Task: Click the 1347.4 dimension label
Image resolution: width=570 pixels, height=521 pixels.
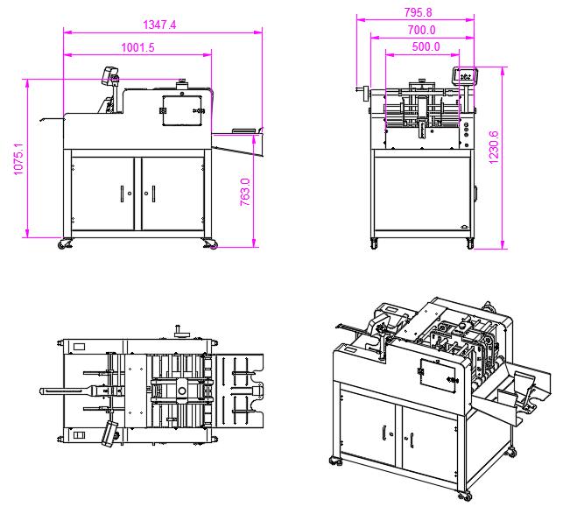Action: (159, 25)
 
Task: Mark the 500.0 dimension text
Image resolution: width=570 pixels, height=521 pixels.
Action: (425, 47)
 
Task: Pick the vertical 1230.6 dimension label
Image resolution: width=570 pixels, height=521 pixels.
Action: (494, 148)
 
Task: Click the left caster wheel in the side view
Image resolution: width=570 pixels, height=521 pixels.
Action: (64, 244)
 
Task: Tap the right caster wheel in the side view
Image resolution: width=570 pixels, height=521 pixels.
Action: (209, 244)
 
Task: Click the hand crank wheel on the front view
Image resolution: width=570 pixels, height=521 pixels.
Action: (360, 90)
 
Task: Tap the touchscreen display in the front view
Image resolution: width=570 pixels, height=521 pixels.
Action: (463, 75)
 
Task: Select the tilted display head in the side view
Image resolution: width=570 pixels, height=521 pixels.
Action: (109, 75)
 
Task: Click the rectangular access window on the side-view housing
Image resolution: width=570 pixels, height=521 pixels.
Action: (180, 112)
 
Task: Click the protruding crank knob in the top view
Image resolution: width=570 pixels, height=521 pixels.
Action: (179, 330)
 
